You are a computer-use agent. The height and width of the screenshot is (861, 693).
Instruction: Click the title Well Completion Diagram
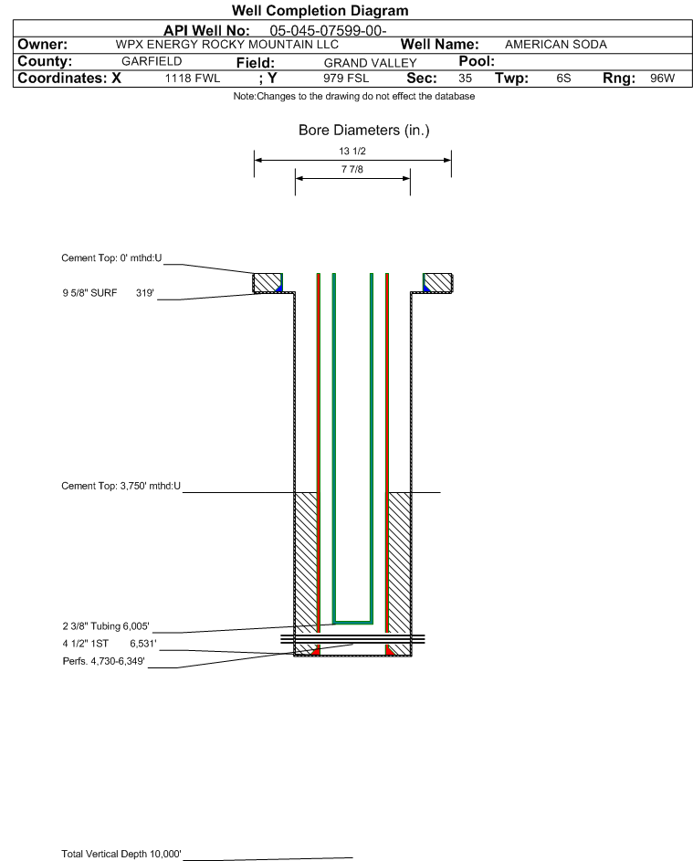(x=320, y=10)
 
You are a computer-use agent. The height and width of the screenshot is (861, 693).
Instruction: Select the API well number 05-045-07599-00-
(x=328, y=31)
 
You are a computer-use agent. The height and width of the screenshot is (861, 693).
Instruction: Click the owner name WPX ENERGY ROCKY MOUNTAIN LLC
(x=226, y=45)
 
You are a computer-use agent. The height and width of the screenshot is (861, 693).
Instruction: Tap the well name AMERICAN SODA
(x=556, y=45)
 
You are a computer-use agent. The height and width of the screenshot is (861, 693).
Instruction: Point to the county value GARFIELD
(x=152, y=61)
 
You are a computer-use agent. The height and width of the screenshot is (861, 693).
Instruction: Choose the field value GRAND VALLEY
(x=370, y=63)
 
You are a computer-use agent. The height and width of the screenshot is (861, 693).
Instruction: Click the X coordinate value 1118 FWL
(x=192, y=79)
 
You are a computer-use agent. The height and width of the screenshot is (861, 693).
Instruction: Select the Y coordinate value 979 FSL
(x=346, y=78)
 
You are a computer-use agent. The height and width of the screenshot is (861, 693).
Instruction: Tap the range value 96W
(x=662, y=78)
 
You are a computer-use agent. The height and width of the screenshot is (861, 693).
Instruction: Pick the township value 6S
(x=563, y=78)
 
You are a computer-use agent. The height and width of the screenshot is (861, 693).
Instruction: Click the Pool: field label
(x=477, y=61)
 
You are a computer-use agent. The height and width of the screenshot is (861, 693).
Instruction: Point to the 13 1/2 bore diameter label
(x=352, y=151)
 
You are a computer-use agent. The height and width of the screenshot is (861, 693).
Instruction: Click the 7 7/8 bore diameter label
(x=352, y=169)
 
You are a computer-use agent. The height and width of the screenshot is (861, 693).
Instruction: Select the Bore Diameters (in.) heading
(x=364, y=131)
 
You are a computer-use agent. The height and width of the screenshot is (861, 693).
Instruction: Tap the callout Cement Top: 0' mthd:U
(x=111, y=258)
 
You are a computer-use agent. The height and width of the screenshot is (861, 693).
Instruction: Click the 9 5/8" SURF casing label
(x=89, y=293)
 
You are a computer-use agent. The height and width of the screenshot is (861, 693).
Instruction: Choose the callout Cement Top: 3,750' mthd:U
(x=121, y=486)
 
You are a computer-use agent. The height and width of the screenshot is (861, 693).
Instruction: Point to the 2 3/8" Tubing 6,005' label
(x=106, y=626)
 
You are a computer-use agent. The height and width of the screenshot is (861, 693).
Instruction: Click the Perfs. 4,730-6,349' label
(x=104, y=661)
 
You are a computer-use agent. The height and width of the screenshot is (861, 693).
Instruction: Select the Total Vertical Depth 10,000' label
(x=121, y=854)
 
